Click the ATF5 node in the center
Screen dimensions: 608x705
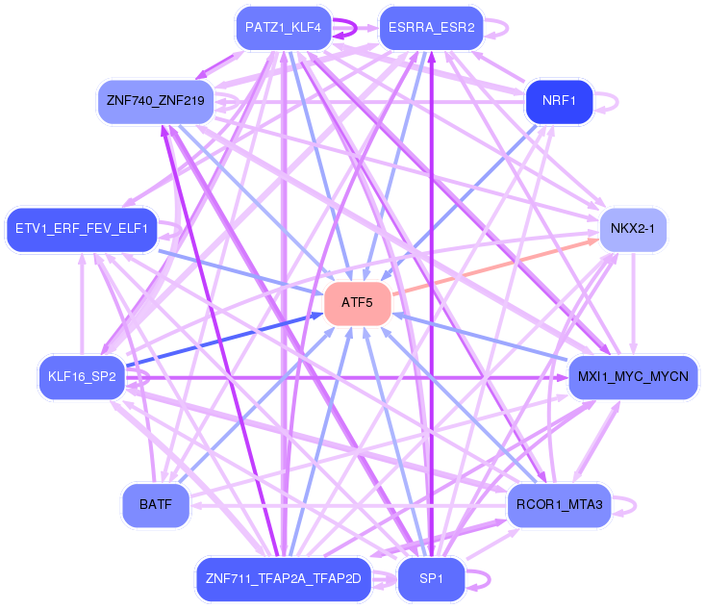pyautogui.click(x=357, y=303)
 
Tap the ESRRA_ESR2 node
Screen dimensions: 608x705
pyautogui.click(x=431, y=27)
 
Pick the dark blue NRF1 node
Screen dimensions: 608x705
pyautogui.click(x=558, y=101)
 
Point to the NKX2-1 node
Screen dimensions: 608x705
pyautogui.click(x=633, y=230)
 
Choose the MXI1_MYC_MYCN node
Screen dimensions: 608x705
pyautogui.click(x=633, y=376)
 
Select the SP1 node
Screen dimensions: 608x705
pyautogui.click(x=431, y=579)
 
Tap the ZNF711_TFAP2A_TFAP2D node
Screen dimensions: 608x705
pyautogui.click(x=283, y=579)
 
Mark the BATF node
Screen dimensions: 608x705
pyautogui.click(x=155, y=504)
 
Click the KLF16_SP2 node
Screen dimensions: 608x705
pyautogui.click(x=81, y=376)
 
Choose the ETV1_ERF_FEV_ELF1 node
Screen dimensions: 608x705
pyautogui.click(x=81, y=229)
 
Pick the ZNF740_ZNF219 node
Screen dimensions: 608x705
pyautogui.click(x=155, y=101)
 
